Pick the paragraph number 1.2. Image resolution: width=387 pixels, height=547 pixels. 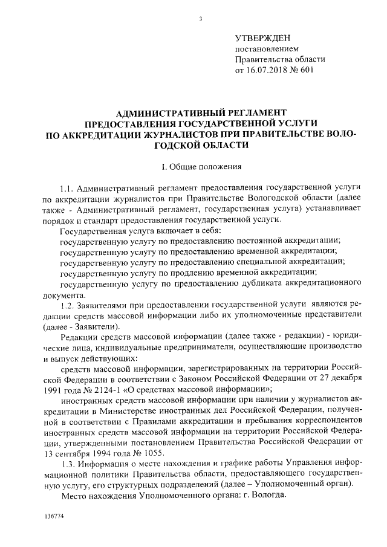point(68,305)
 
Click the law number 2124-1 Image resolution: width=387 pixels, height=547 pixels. point(99,390)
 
